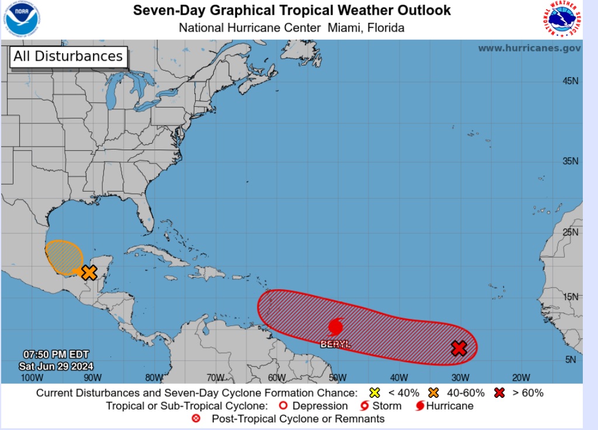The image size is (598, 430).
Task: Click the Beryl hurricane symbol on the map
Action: pos(336,327)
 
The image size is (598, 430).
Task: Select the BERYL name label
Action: pos(336,345)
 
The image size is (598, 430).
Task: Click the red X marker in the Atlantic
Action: pos(460,348)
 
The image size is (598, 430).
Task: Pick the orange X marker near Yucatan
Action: pos(89,272)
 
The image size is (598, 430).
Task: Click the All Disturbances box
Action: pos(68,57)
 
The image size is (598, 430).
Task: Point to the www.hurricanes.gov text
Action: pos(529,48)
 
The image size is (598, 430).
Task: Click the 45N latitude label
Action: pos(572,81)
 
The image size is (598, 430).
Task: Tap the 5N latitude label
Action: pos(571,360)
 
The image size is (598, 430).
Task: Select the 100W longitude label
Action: pos(32,377)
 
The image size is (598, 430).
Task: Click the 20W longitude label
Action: pos(521,377)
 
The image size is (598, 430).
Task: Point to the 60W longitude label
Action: pos(276,377)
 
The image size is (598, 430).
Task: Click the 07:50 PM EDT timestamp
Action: pos(48,355)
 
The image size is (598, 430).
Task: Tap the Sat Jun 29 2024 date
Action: pos(48,366)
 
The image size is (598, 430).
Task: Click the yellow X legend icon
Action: pos(375,393)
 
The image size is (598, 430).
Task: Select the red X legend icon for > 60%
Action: pos(499,393)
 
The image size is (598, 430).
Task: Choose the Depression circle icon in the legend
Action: pos(283,405)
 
